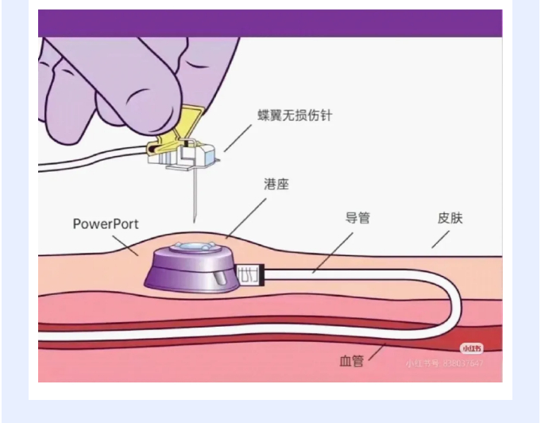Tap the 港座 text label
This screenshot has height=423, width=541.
coord(276,184)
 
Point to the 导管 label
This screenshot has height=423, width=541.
coord(357,217)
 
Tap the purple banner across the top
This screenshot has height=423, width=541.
coord(270,23)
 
